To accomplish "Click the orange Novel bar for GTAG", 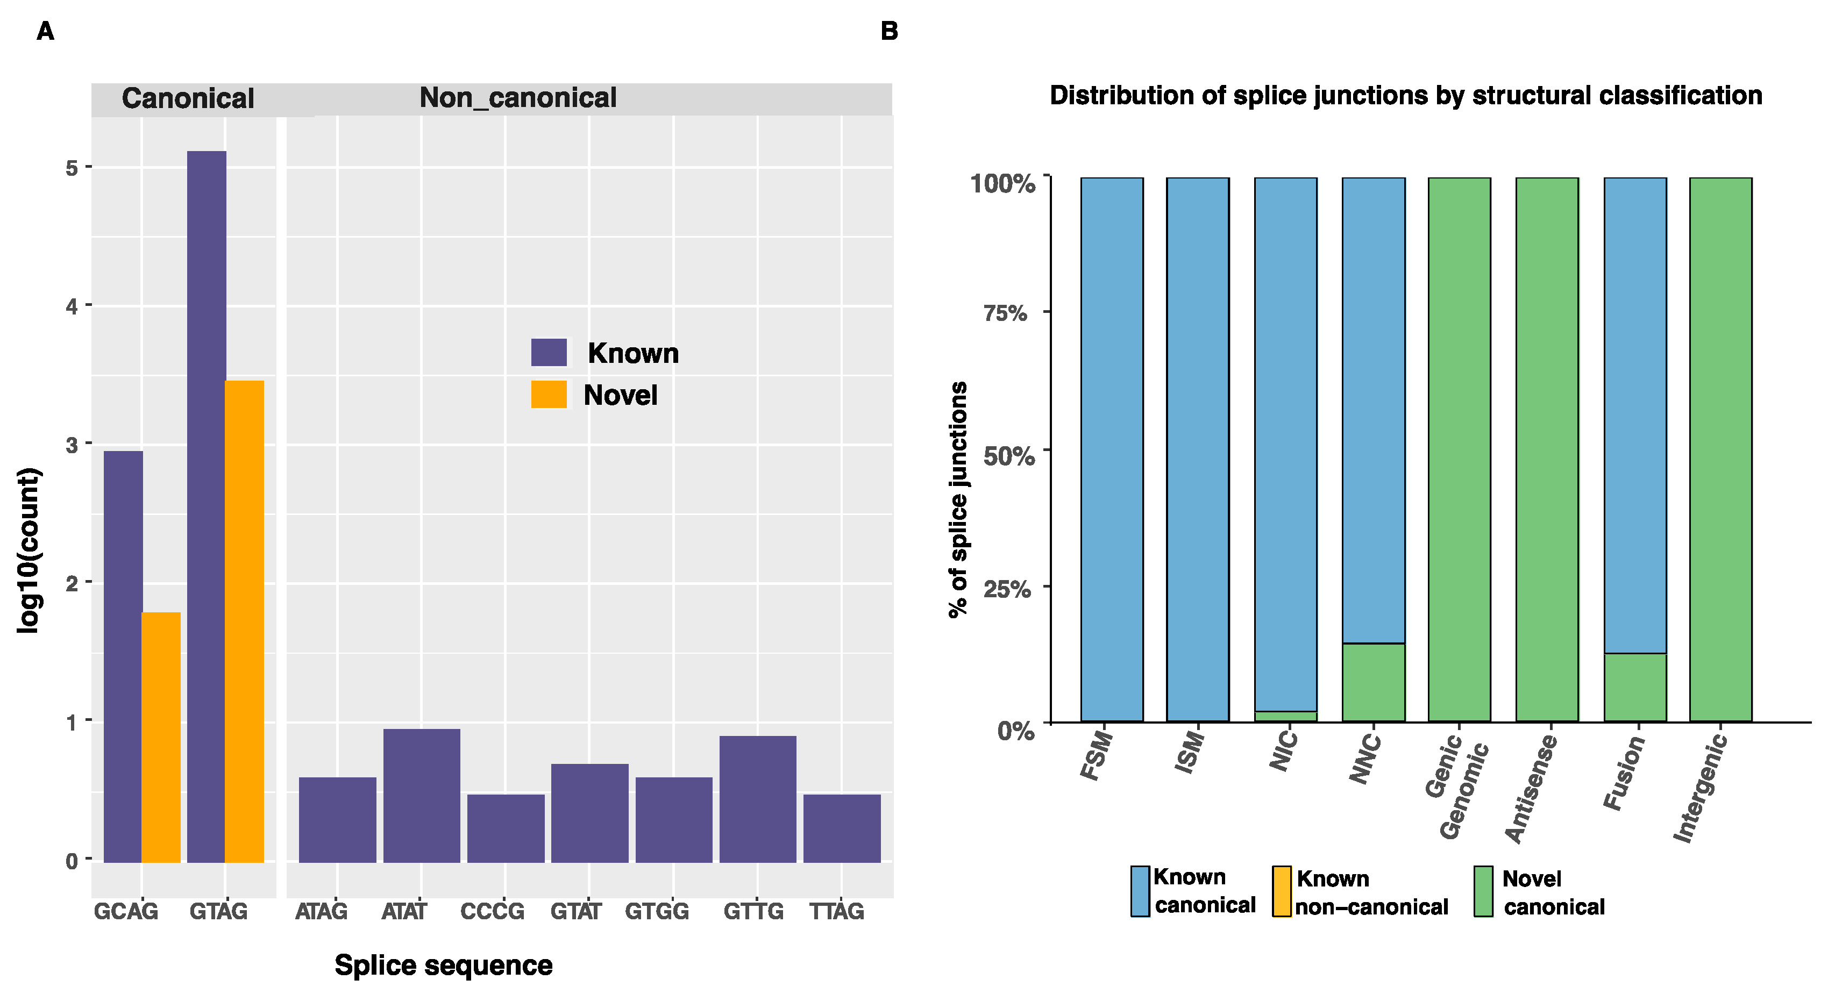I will [244, 621].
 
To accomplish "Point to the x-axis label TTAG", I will [837, 911].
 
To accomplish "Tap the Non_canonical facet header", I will [517, 98].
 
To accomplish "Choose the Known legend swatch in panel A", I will [549, 352].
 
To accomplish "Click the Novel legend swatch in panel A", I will [549, 395].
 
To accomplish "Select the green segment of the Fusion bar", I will [1635, 687].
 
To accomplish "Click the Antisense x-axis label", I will [1531, 789].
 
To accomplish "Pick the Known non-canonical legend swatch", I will [1281, 891].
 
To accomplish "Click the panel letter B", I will [888, 31].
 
